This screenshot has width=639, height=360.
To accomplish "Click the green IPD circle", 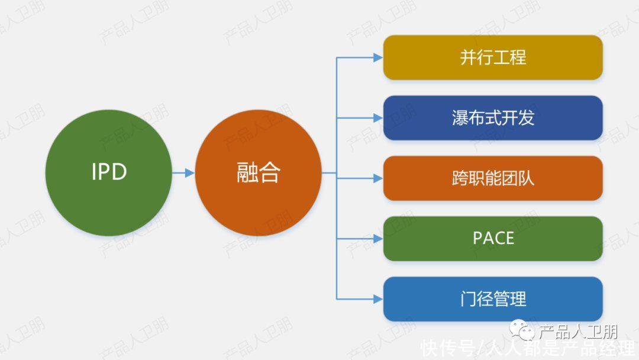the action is tap(108, 172).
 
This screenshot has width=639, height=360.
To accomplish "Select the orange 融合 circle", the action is tap(259, 172).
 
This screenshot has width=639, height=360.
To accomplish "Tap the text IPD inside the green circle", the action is tap(109, 172).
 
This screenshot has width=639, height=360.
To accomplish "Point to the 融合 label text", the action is tap(259, 172).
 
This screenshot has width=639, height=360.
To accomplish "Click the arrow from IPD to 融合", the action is tap(183, 173).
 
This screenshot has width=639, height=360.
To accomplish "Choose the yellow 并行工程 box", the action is tap(493, 57).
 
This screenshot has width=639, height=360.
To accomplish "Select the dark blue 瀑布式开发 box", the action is tap(493, 118).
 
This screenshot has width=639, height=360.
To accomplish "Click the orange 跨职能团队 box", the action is tap(493, 178).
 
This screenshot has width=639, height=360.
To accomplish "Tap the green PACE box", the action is tap(493, 239).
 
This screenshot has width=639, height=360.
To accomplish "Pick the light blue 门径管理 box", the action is tap(493, 299).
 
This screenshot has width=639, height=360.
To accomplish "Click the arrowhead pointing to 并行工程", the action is tap(378, 58).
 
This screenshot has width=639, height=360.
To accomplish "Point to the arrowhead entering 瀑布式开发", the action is tap(378, 118).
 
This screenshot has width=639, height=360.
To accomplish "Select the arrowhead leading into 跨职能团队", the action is tap(378, 178).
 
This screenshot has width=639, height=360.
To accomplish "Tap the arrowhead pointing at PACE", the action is tap(378, 239).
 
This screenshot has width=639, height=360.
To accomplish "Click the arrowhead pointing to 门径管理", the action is tap(378, 299).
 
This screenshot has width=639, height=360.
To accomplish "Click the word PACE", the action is tap(493, 238).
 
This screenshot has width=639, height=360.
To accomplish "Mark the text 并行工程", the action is tap(493, 57).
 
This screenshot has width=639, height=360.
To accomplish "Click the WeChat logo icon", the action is tap(522, 330).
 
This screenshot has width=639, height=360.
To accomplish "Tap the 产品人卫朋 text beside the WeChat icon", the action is tap(578, 332).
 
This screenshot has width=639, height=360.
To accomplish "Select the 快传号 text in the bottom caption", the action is tap(448, 349).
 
